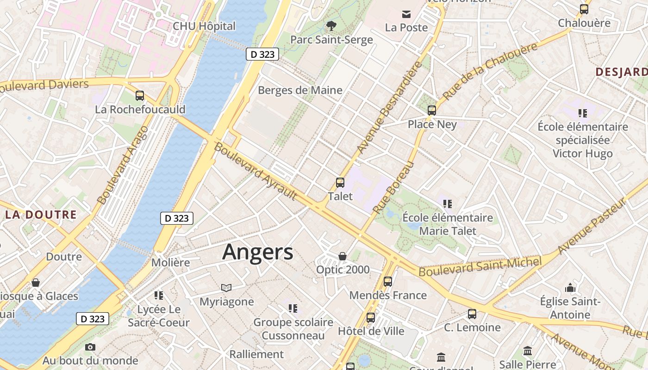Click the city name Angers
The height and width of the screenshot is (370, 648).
point(257,253)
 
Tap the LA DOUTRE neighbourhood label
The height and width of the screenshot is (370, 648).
point(41,215)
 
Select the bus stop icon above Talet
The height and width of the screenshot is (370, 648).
point(340,183)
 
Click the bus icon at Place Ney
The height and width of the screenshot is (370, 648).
point(432,111)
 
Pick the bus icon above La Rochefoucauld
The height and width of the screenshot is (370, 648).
point(140,96)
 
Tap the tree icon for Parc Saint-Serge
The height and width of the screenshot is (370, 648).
point(331,25)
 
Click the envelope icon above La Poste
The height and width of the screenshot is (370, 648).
point(406,14)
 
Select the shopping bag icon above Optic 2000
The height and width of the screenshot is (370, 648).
point(343,256)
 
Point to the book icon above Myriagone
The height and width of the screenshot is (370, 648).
point(226,288)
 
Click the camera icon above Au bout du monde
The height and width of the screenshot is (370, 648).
point(90,347)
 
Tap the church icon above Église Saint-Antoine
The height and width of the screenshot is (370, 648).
point(570,288)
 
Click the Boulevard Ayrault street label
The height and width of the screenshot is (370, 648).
point(255,172)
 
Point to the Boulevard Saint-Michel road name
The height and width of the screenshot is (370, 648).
point(480,267)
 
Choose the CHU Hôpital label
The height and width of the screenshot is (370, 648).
point(204,26)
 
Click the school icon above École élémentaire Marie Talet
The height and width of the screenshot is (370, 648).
point(447,203)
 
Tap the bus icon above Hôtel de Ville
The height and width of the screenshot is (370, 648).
point(371,318)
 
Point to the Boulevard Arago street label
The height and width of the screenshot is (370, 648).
point(123,165)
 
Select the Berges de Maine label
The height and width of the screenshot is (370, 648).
point(300,90)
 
